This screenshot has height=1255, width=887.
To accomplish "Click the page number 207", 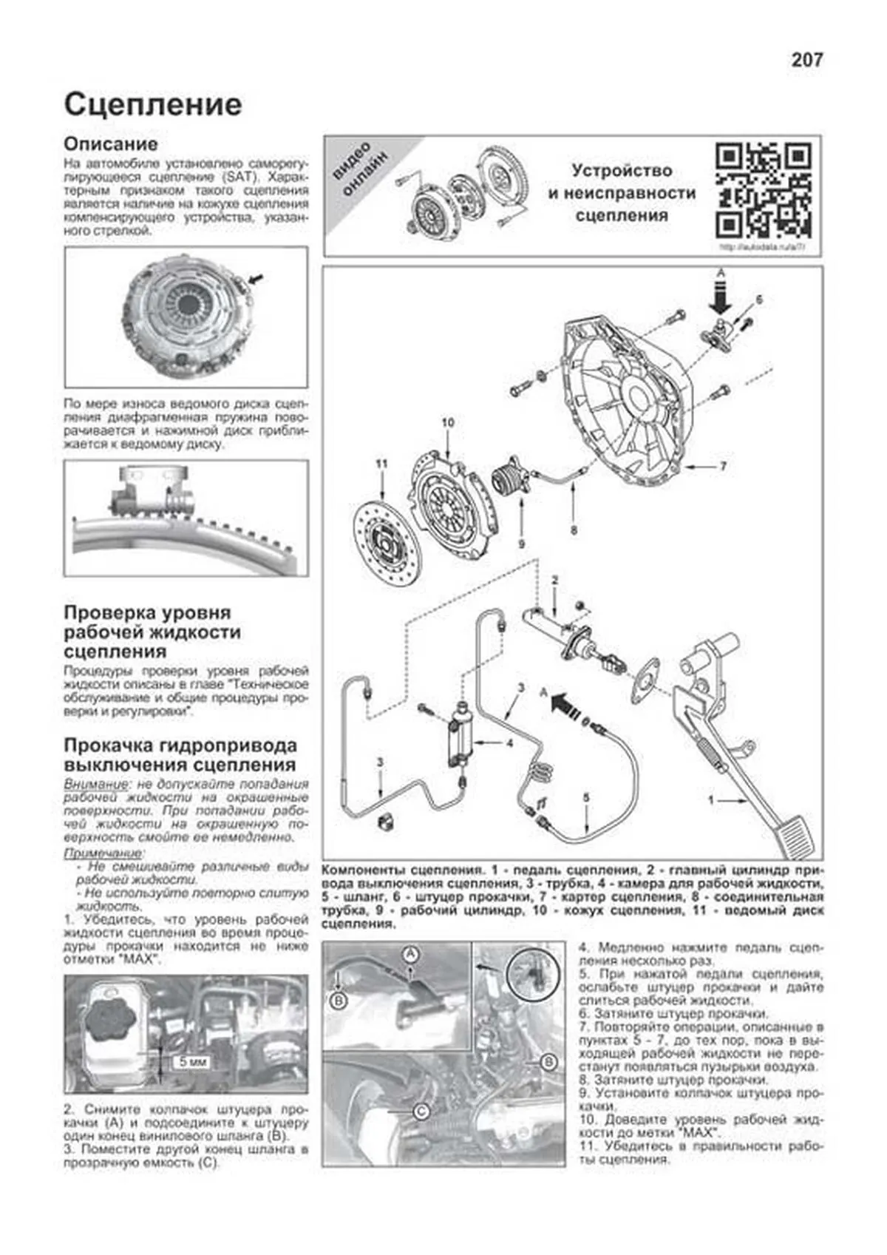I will click(806, 61).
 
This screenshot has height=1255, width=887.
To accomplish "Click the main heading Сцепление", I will click(153, 104).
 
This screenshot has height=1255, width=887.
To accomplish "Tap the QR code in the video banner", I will click(764, 190).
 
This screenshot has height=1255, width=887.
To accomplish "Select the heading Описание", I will click(111, 143).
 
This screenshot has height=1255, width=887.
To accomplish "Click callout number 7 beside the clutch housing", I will click(723, 467).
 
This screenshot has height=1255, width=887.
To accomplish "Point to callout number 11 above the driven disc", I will click(381, 464).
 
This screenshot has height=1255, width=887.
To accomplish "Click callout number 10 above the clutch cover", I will click(448, 423).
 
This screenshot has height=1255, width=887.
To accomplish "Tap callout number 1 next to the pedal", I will click(711, 800).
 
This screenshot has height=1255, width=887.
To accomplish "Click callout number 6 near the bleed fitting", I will click(758, 300).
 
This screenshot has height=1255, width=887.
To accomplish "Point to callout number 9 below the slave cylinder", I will click(521, 544).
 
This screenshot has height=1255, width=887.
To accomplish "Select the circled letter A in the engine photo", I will click(409, 955).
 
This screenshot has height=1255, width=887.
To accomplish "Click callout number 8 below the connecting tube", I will click(574, 530).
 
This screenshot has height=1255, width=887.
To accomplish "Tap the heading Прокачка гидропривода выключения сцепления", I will click(180, 754).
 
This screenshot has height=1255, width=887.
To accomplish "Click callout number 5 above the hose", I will click(586, 797).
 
